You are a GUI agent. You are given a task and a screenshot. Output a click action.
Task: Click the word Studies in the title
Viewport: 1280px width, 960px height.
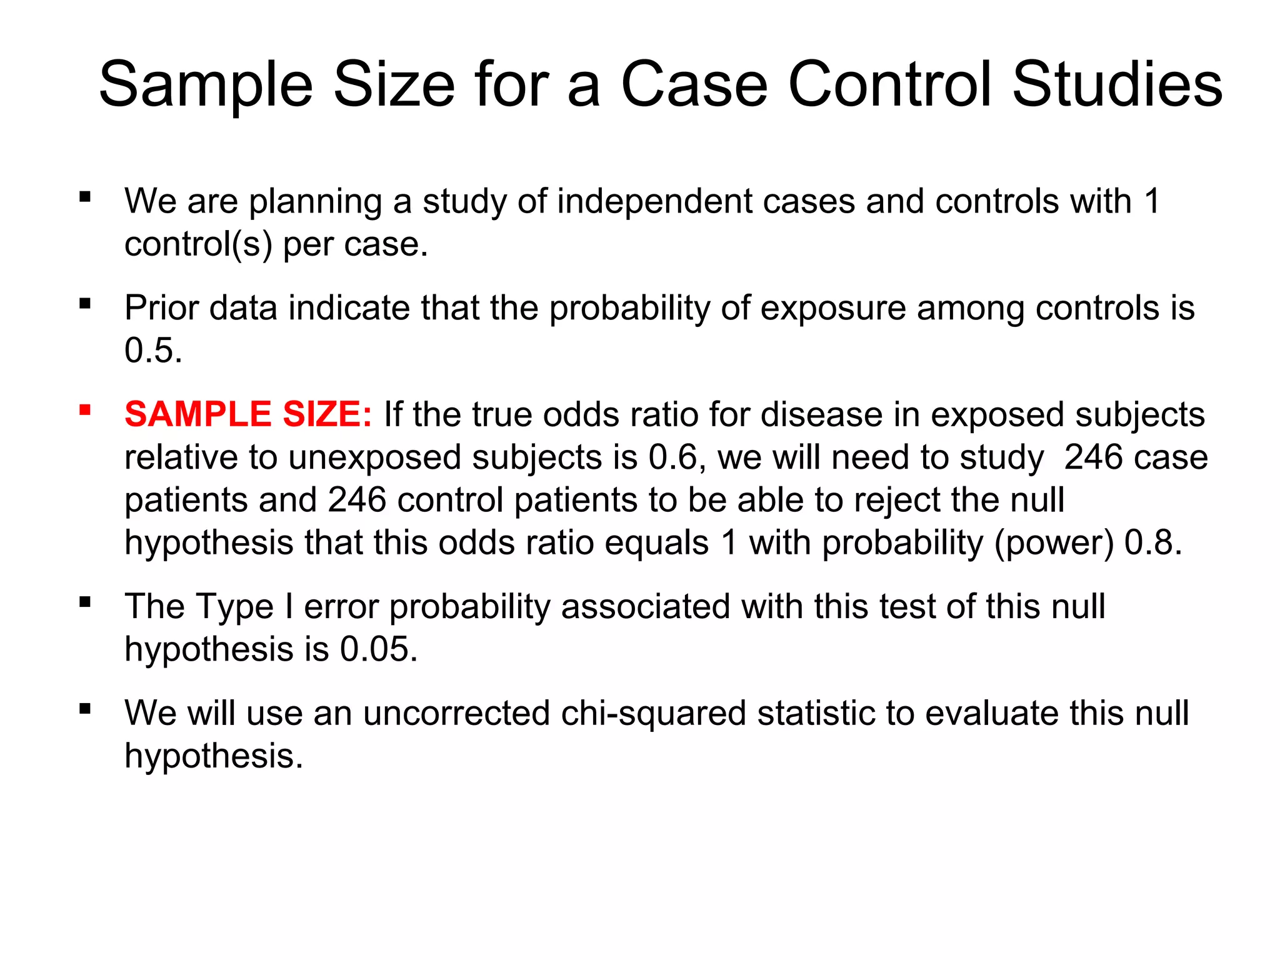pyautogui.click(x=1117, y=84)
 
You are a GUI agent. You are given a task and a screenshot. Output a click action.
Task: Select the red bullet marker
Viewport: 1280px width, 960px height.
pyautogui.click(x=85, y=411)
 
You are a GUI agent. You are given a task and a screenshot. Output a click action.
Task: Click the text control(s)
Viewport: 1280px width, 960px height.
pyautogui.click(x=198, y=244)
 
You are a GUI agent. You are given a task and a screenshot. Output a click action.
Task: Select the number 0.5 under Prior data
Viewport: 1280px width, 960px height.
pyautogui.click(x=153, y=350)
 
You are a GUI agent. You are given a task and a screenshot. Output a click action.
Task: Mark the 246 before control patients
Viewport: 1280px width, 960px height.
pyautogui.click(x=357, y=500)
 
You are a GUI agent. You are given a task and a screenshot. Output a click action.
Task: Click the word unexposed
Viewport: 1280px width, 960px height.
pyautogui.click(x=375, y=459)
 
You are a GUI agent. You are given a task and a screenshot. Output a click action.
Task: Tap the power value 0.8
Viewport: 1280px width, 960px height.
pyautogui.click(x=1152, y=542)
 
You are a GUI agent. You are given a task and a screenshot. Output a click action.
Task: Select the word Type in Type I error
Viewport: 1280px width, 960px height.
pyautogui.click(x=234, y=607)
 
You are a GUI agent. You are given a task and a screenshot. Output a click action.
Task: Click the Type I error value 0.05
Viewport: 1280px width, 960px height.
pyautogui.click(x=378, y=649)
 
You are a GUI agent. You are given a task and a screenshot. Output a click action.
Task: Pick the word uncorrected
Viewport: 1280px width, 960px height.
pyautogui.click(x=457, y=713)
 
